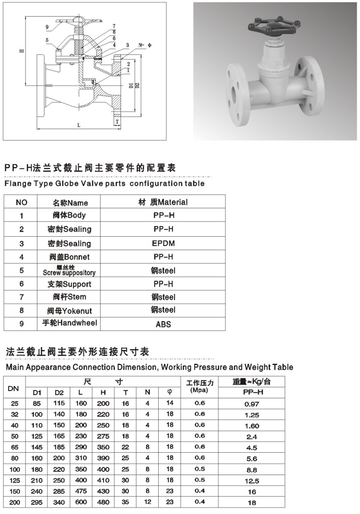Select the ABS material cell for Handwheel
163,324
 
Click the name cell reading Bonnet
68,257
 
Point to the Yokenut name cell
69,310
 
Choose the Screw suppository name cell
69,270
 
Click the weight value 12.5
252,481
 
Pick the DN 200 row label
14,502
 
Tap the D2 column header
59,393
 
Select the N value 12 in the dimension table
148,502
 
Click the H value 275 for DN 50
103,436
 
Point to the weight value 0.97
252,404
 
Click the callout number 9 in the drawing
47,27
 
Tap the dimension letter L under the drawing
79,125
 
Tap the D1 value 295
36,502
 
